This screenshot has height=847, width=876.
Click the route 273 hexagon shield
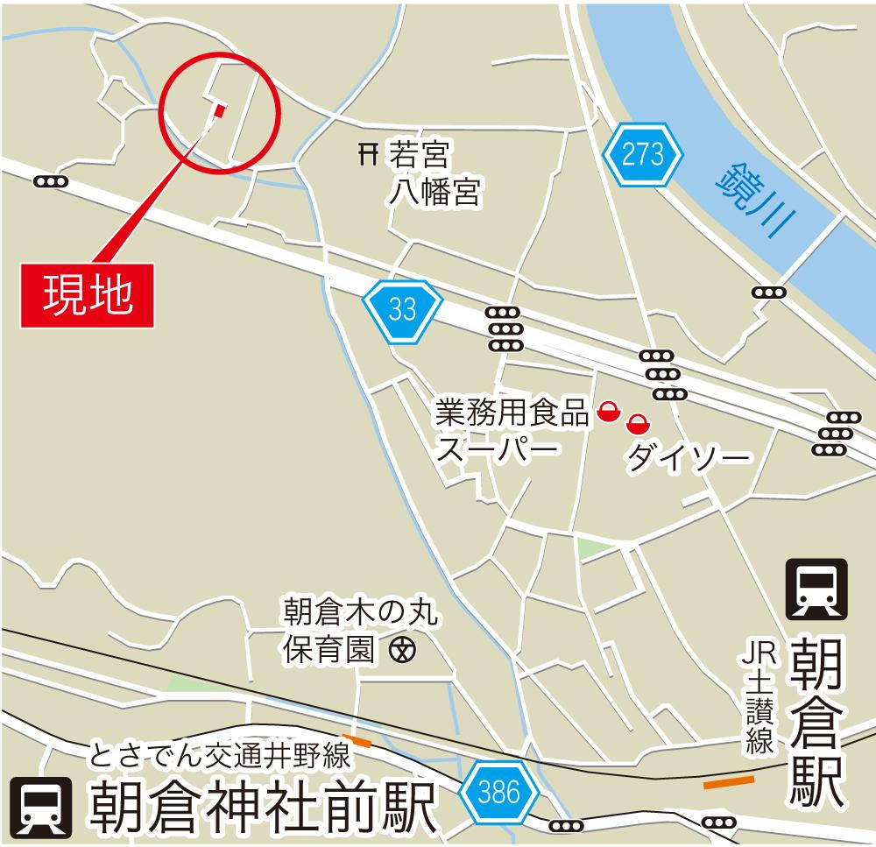coord(643,155)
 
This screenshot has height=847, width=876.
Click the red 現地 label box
coord(88,294)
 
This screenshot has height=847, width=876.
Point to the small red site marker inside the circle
coord(219,110)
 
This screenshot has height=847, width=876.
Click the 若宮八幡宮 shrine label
coord(420,174)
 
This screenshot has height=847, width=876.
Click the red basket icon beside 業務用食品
coord(607,409)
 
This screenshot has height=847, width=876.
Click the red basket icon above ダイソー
coord(638,425)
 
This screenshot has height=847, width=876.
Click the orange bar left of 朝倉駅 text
coord(729,782)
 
